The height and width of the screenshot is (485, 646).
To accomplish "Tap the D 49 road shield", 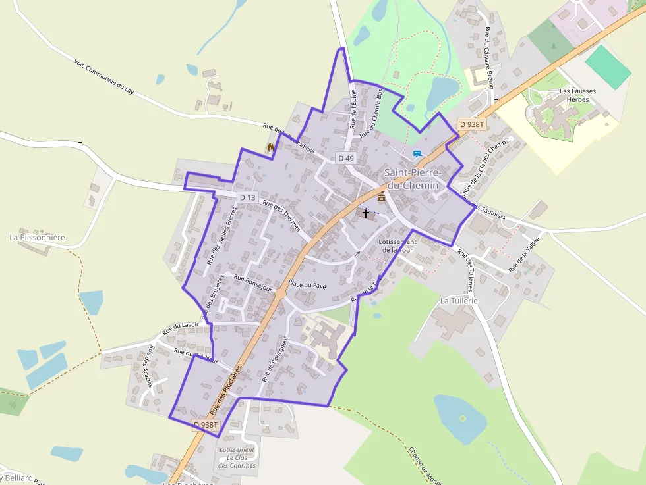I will click(345, 158).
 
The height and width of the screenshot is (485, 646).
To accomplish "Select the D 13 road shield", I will click(247, 197).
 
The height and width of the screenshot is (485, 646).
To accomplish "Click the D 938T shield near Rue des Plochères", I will click(206, 425).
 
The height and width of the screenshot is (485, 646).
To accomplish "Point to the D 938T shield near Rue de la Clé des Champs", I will click(472, 124).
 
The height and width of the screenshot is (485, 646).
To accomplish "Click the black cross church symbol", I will click(366, 214).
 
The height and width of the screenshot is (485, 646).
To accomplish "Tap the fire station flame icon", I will click(270, 148).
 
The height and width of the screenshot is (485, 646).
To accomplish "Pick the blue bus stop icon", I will click(417, 154).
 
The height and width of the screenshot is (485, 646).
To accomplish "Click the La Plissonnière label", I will click(38, 237).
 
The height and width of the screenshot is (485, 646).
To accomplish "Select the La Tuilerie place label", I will click(458, 300).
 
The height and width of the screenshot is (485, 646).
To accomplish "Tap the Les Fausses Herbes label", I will click(573, 95).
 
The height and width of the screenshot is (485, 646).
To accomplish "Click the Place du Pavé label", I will click(307, 286).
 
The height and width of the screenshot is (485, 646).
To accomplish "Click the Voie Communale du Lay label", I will click(104, 78).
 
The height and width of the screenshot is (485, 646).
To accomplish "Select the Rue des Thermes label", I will click(281, 215).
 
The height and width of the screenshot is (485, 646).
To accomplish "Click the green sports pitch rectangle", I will click(608, 67).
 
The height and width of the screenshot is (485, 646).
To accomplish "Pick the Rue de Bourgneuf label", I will click(276, 359).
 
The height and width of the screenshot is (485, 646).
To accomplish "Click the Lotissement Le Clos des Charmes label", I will click(237, 458).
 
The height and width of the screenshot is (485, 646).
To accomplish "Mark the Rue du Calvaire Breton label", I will click(488, 57).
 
